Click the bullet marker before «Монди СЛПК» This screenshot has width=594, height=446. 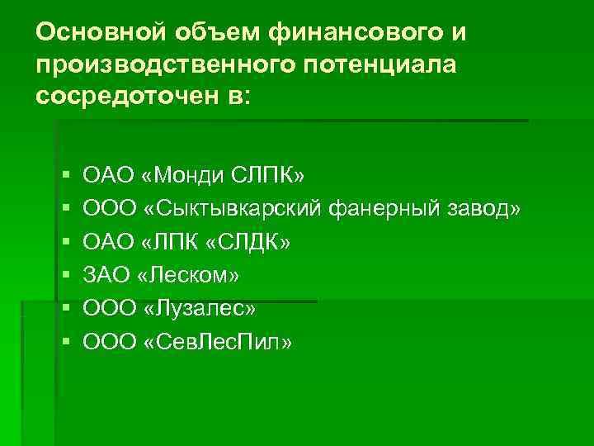(65, 176)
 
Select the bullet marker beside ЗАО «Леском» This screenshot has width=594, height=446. (65, 275)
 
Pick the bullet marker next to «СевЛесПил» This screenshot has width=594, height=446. (65, 341)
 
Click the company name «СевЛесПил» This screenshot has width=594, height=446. (218, 341)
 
